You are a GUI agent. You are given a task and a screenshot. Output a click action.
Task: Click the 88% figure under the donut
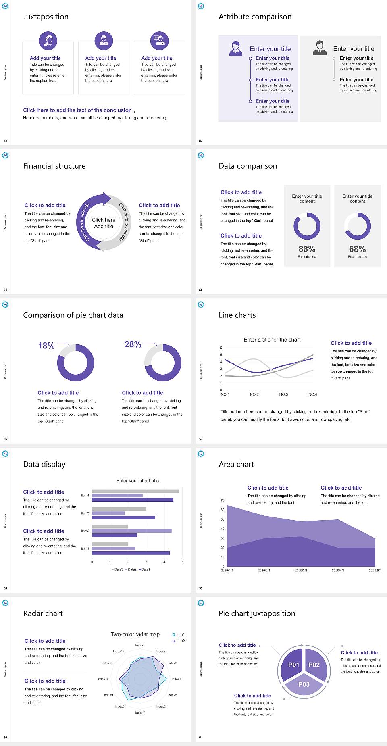tap(307, 249)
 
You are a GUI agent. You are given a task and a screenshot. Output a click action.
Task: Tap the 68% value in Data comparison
tap(357, 249)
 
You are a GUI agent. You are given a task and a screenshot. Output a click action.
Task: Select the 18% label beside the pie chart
tap(46, 346)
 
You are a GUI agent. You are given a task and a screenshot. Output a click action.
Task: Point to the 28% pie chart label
tap(133, 344)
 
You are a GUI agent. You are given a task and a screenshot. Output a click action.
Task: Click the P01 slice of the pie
tap(293, 665)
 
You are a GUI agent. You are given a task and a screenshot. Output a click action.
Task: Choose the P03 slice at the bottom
tap(304, 684)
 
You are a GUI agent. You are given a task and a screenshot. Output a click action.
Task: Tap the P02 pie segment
tap(314, 665)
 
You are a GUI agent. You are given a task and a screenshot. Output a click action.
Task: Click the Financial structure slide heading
tap(54, 166)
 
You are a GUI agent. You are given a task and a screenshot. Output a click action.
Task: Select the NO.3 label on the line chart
tap(283, 394)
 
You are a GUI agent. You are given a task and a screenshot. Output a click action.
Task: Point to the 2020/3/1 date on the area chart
tap(301, 571)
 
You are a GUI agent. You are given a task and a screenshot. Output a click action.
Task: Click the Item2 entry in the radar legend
tap(179, 641)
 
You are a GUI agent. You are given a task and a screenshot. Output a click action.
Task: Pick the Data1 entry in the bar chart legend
tap(145, 569)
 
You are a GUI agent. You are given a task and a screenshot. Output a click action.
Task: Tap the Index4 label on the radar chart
tap(176, 679)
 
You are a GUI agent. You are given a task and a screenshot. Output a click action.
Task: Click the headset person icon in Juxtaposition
tap(48, 40)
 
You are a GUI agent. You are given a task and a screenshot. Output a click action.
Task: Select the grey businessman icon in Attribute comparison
tap(320, 48)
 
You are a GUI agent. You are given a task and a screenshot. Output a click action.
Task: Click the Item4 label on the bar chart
tap(85, 496)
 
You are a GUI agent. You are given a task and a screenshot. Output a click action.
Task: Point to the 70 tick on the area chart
tap(223, 500)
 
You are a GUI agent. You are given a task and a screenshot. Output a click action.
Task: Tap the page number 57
tap(201, 439)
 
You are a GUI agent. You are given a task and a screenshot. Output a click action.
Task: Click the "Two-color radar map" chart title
tap(135, 634)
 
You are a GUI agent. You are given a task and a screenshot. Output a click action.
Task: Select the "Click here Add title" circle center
tap(104, 223)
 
